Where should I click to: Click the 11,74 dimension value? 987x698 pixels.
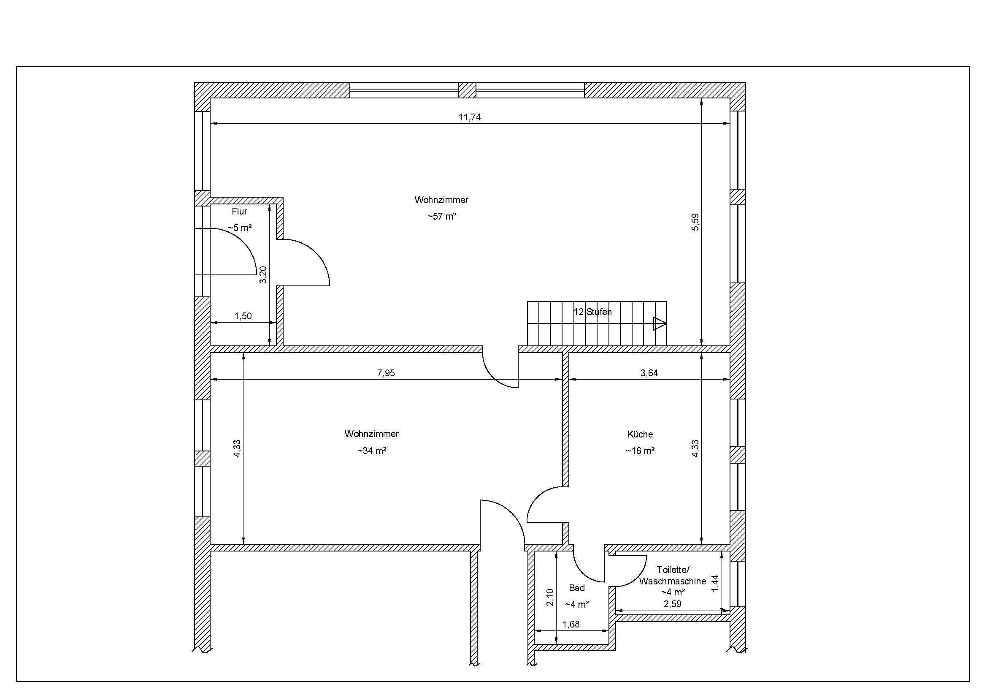pos(469,117)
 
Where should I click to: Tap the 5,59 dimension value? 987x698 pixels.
pos(695,222)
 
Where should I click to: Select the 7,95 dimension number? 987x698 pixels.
pos(386,373)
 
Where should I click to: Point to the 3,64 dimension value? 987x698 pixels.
pos(649,373)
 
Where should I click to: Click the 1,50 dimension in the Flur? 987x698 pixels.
pos(243,316)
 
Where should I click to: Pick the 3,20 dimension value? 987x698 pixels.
pos(263,274)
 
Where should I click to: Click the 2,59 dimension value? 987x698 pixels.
pos(672,604)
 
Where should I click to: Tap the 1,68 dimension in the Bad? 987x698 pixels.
pos(571,625)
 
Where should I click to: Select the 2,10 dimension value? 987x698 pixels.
pos(550,598)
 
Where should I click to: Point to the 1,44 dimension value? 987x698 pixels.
pos(715,583)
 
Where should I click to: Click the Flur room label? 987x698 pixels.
pos(239,212)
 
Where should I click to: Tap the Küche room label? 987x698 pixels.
pos(640,435)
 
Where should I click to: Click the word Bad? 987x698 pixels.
pos(577,588)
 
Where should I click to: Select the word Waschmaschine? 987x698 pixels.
pos(672,581)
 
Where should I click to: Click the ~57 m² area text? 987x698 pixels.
pos(441,216)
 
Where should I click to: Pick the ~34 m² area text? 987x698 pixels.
pos(371,451)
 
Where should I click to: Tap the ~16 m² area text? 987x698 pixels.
pos(640,451)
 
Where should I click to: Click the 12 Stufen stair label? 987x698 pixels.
pos(592,312)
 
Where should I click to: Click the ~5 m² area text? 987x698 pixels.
pos(239,228)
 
